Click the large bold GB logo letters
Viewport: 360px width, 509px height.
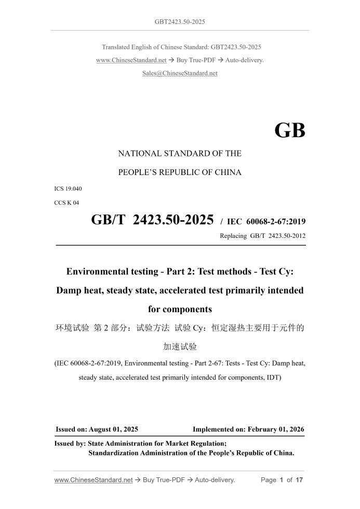pyautogui.click(x=289, y=131)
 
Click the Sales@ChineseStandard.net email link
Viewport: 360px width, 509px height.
pyautogui.click(x=180, y=73)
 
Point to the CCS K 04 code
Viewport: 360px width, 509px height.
pyautogui.click(x=66, y=203)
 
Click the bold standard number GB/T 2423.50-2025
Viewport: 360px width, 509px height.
pyautogui.click(x=152, y=220)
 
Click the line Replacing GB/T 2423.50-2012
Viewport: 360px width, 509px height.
pyautogui.click(x=263, y=236)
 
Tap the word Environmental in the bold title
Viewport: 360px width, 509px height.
pyautogui.click(x=98, y=271)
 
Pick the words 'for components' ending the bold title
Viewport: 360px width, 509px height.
pyautogui.click(x=180, y=309)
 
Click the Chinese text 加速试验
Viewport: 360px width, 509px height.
pyautogui.click(x=180, y=346)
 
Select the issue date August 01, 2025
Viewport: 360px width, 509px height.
pyautogui.click(x=113, y=430)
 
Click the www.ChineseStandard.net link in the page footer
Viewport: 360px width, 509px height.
pyautogui.click(x=94, y=480)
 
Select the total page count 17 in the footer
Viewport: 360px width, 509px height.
pyautogui.click(x=299, y=480)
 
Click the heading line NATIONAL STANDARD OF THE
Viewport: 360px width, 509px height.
pyautogui.click(x=180, y=154)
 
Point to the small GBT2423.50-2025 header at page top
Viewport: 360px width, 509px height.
pyautogui.click(x=180, y=22)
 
